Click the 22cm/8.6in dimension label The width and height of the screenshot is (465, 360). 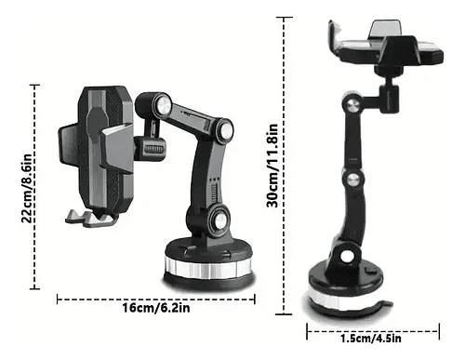coord(27,188)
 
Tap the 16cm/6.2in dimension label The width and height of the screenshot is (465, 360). coord(156,308)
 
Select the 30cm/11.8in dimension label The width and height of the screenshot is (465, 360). coord(272,166)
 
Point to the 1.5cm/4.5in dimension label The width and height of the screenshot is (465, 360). coord(371,338)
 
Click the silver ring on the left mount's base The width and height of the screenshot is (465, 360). coord(208,268)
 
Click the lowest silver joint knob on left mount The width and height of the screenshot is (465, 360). coord(219,220)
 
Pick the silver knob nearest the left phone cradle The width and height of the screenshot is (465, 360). coord(164,104)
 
